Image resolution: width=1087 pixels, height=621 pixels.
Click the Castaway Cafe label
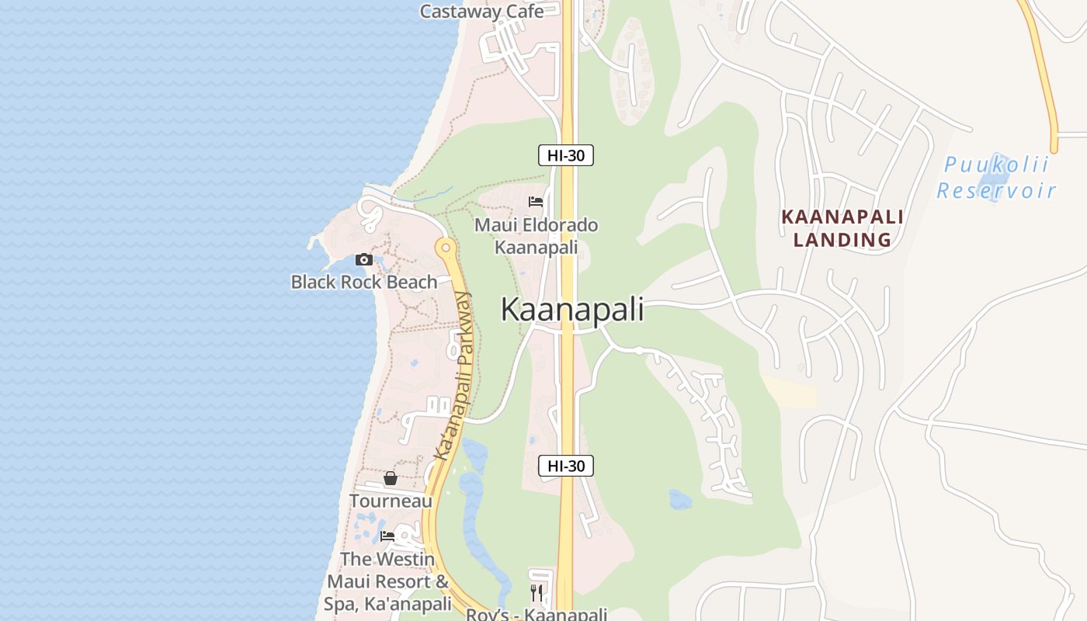[x=481, y=11]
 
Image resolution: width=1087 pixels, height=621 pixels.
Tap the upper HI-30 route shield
[x=566, y=155]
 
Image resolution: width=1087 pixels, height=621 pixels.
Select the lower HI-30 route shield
[x=566, y=466]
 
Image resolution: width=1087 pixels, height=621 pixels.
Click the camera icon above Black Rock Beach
[x=363, y=260]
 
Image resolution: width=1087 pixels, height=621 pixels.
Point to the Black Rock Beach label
[x=364, y=282]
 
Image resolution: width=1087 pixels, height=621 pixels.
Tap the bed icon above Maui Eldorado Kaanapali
[x=536, y=202]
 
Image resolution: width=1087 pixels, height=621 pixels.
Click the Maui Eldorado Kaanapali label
[x=537, y=236]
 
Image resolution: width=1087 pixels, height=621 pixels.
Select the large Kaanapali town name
[x=572, y=309]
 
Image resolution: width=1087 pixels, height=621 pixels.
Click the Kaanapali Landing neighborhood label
[x=842, y=228]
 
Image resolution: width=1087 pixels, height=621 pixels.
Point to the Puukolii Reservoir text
[x=996, y=178]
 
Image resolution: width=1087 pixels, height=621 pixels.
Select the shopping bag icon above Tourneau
[x=391, y=479]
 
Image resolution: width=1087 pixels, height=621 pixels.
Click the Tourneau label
[x=391, y=501]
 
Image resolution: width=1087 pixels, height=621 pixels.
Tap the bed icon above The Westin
[x=387, y=536]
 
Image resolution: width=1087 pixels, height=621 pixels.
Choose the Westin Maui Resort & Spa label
[x=388, y=581]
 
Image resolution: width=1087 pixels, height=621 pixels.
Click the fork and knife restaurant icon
[x=536, y=593]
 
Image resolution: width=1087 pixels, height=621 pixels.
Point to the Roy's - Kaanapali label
[x=537, y=615]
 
